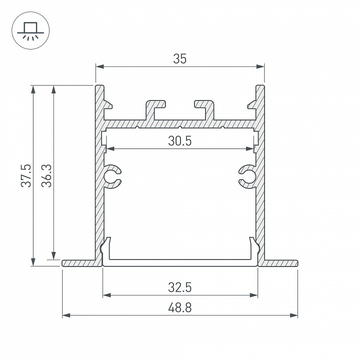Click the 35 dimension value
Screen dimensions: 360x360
click(x=180, y=59)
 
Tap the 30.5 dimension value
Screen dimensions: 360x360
click(x=180, y=141)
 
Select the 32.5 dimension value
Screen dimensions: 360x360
click(x=180, y=287)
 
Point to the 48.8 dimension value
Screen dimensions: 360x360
click(x=180, y=307)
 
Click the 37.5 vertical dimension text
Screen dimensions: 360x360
click(x=26, y=175)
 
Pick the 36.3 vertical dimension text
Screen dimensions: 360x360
click(x=46, y=175)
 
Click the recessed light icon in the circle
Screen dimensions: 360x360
click(x=30, y=31)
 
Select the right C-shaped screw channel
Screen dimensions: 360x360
click(x=247, y=176)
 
